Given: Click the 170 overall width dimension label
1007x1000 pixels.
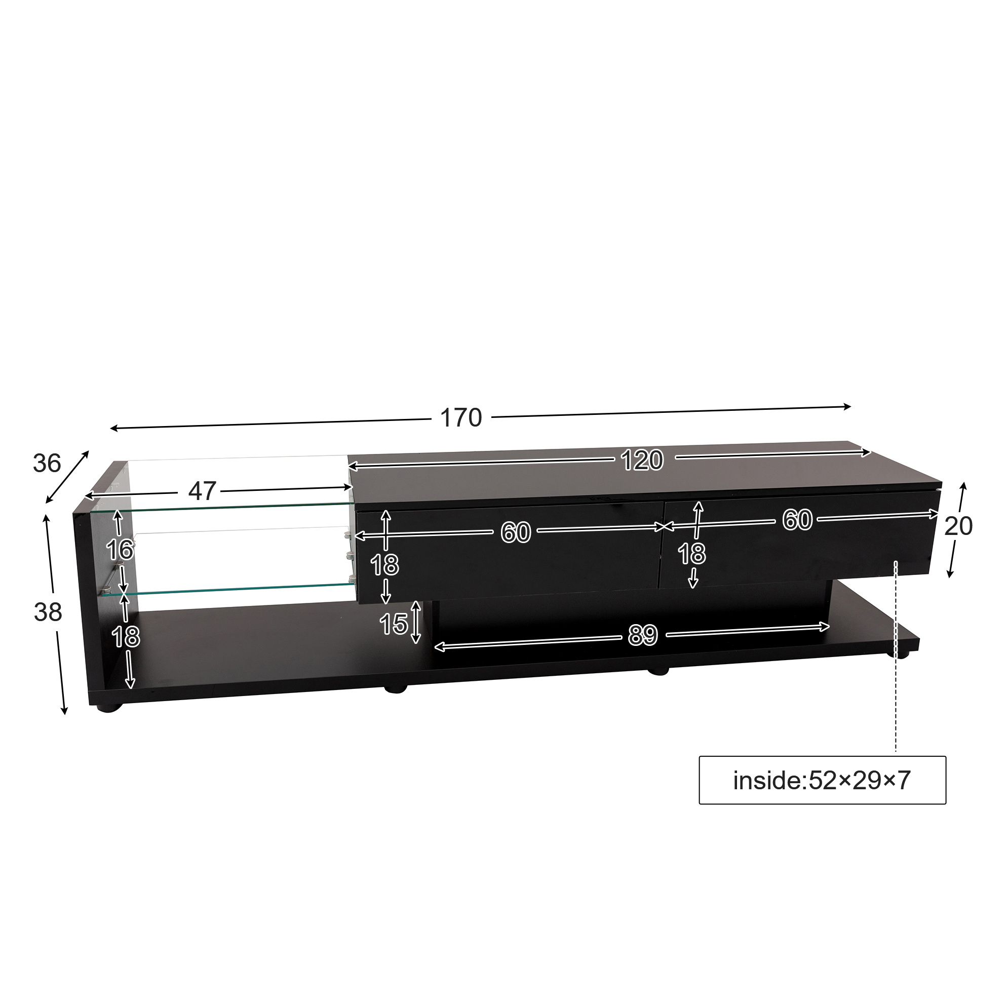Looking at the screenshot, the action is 461,417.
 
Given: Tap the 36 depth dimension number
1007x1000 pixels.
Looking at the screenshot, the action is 47,463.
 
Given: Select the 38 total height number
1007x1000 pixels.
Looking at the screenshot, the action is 48,612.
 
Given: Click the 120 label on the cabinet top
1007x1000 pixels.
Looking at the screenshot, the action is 642,460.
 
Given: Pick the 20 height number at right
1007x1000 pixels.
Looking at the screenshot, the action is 958,526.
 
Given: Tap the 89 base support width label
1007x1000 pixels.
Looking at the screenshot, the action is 643,635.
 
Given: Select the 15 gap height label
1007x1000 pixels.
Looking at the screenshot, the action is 394,624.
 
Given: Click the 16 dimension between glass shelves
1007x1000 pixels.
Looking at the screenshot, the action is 120,550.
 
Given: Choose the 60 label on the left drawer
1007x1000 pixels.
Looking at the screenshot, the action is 516,532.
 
